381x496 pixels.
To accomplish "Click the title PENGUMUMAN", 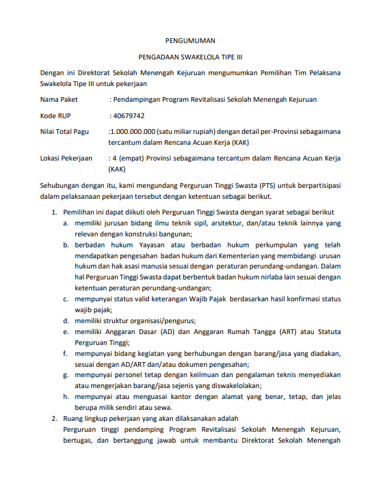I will click(x=190, y=41).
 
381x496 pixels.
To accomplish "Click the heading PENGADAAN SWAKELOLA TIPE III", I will click(x=190, y=59).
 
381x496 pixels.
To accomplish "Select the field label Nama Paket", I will click(x=60, y=100).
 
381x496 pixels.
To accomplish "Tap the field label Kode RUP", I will click(x=55, y=115).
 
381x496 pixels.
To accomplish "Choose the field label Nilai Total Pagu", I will click(x=66, y=132).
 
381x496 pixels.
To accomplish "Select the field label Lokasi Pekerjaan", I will click(x=66, y=159).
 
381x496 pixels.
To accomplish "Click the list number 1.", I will click(x=54, y=212).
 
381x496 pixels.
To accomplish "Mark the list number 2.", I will click(x=54, y=417).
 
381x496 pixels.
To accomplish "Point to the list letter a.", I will click(x=66, y=223).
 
